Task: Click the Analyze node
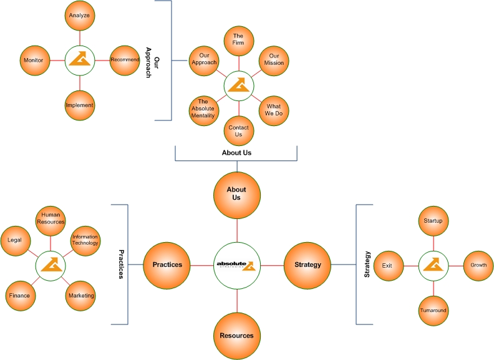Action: click(x=80, y=15)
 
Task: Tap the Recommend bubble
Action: click(x=125, y=60)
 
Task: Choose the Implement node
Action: click(x=80, y=105)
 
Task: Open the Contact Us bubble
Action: click(x=238, y=131)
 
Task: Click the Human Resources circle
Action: click(x=51, y=218)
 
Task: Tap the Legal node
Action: click(x=16, y=240)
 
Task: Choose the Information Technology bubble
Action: click(x=85, y=240)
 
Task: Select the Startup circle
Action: click(x=433, y=220)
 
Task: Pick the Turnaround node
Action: click(x=433, y=310)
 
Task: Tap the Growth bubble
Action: click(x=478, y=265)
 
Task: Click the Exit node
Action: click(x=388, y=265)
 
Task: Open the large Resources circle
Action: click(x=237, y=336)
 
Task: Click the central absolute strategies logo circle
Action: click(x=237, y=265)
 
